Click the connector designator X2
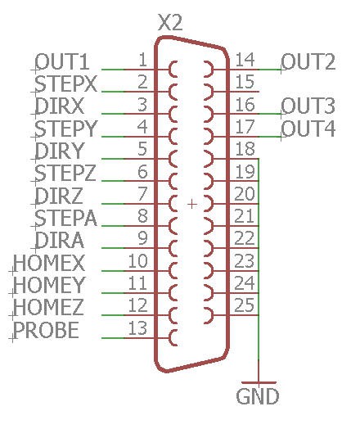click(x=170, y=23)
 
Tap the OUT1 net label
click(x=62, y=61)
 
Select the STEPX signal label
click(x=65, y=84)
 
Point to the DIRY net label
click(x=60, y=151)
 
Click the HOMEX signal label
click(x=49, y=263)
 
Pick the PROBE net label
click(x=46, y=330)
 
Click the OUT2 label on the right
click(x=308, y=61)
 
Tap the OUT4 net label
click(x=308, y=129)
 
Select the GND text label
click(x=257, y=396)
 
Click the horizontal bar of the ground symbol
click(x=259, y=382)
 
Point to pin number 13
click(x=137, y=328)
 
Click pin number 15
click(x=245, y=82)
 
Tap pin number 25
click(x=245, y=305)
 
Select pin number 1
click(x=142, y=60)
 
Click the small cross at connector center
click(x=192, y=204)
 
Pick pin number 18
click(x=245, y=149)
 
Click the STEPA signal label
click(x=65, y=218)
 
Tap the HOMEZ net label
click(x=48, y=307)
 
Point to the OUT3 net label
click(x=308, y=106)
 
